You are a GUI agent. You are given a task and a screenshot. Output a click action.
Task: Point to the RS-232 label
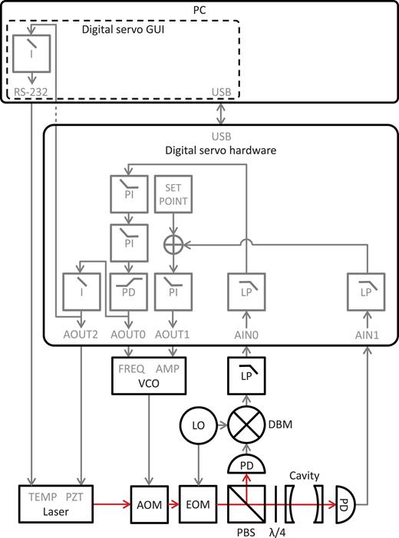click(x=31, y=92)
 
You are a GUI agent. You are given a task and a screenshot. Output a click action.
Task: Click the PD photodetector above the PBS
click(x=246, y=466)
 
